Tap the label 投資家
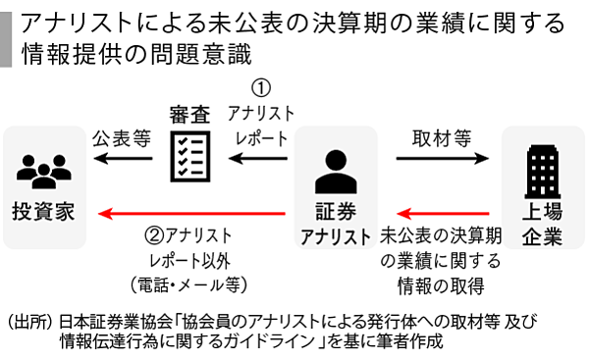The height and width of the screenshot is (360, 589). click(x=42, y=212)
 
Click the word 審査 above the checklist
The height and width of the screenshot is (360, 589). click(x=189, y=114)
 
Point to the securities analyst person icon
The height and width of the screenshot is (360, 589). click(x=335, y=173)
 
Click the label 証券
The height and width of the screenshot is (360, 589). click(x=335, y=212)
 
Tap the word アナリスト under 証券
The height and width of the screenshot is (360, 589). click(x=335, y=236)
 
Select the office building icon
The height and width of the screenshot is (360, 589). click(x=542, y=169)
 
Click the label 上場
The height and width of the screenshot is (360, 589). click(x=542, y=212)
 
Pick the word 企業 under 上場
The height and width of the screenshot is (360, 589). click(x=542, y=236)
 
